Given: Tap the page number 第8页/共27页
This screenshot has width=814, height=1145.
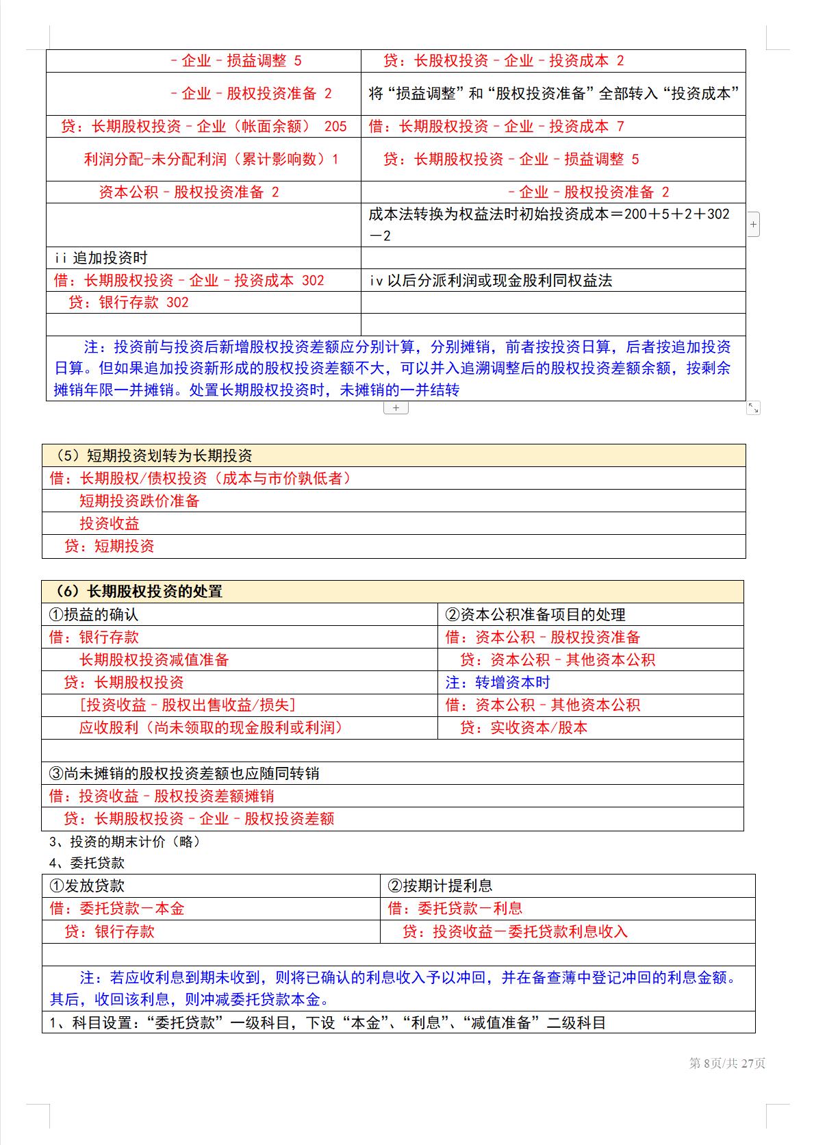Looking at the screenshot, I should point(727,1064).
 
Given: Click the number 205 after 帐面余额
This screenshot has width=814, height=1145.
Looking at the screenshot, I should point(335,127).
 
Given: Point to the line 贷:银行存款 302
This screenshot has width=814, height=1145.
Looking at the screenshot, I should point(129,303).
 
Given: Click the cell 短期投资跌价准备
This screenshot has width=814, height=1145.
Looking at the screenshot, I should point(139,501).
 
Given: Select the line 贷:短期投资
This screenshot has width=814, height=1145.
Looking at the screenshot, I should point(110,546).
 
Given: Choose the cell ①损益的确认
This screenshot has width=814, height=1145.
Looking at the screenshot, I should point(94,615).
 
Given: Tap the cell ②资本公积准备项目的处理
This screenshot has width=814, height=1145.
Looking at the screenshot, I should point(535,615).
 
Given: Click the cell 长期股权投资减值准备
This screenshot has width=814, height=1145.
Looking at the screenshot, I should point(153,660).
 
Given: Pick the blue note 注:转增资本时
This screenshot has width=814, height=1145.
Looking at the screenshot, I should point(498,683).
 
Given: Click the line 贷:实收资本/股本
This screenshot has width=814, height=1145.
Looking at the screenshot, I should point(524,728).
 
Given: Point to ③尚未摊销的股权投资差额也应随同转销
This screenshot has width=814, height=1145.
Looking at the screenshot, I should point(184,774).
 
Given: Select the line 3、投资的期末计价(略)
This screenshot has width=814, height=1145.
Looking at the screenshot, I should point(125,842).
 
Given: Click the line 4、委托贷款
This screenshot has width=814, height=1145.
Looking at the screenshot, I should point(87,864).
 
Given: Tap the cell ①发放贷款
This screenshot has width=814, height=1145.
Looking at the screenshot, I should point(87,886).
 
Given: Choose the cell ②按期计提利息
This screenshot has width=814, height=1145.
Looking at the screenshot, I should point(440,886).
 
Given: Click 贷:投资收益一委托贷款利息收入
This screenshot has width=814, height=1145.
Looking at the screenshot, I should point(515,932).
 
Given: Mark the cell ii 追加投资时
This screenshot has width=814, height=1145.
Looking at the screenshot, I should point(101,258).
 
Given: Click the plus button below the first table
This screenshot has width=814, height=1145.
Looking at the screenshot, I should point(396,408).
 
